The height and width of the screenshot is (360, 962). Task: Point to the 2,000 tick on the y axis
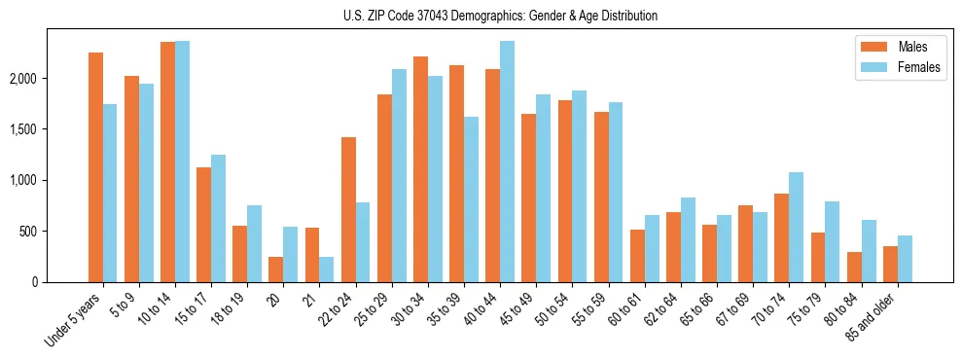(51, 79)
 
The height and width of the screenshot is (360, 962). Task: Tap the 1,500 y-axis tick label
(51, 129)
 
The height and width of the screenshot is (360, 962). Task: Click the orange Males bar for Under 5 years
(95, 167)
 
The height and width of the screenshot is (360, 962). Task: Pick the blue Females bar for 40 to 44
(508, 162)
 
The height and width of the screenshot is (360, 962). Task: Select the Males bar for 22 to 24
(348, 209)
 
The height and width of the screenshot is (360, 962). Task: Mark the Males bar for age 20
(276, 270)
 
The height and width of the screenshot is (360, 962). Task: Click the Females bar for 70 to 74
(797, 227)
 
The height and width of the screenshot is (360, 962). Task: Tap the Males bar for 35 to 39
(457, 173)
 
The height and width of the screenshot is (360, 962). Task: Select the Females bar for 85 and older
(905, 259)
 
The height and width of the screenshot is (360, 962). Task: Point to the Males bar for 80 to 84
(854, 268)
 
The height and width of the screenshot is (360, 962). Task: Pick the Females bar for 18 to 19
(255, 243)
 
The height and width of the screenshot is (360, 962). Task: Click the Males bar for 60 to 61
(637, 256)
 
